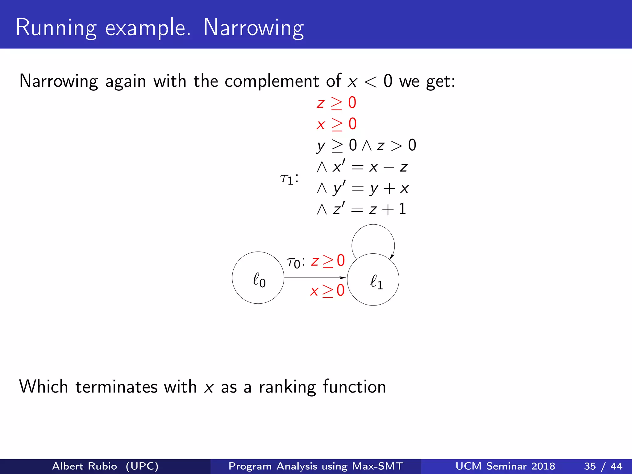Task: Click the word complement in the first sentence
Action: click(272, 81)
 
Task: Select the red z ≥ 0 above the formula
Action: click(336, 103)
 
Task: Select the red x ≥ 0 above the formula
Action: click(336, 124)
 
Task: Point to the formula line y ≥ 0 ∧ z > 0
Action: click(366, 145)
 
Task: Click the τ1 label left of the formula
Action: click(289, 179)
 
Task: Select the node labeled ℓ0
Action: click(258, 278)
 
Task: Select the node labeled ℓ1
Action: click(373, 280)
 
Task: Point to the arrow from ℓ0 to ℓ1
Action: click(315, 278)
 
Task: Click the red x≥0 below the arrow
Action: click(327, 291)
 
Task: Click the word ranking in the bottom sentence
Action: click(287, 387)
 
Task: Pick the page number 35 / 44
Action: click(603, 466)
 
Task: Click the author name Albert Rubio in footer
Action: click(85, 466)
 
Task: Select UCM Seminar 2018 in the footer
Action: click(505, 466)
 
